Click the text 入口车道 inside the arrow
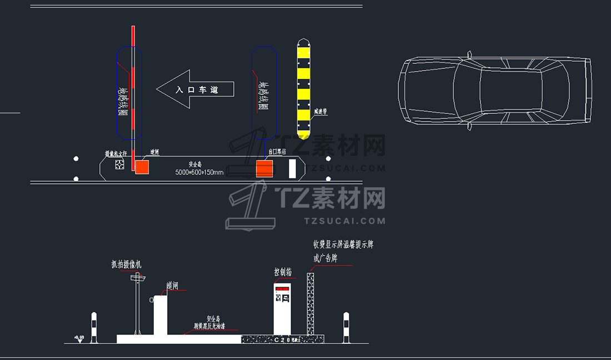point(197,89)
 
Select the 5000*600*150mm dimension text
point(199,172)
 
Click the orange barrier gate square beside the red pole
point(142,167)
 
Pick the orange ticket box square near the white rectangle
point(264,168)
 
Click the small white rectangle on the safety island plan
point(292,168)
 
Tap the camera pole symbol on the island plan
point(119,164)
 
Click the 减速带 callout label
point(320,112)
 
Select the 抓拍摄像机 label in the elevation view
point(126,265)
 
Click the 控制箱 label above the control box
point(283,272)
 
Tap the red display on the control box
point(282,289)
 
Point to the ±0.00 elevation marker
point(79,337)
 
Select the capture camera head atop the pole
point(137,277)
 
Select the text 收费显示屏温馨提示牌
point(343,244)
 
